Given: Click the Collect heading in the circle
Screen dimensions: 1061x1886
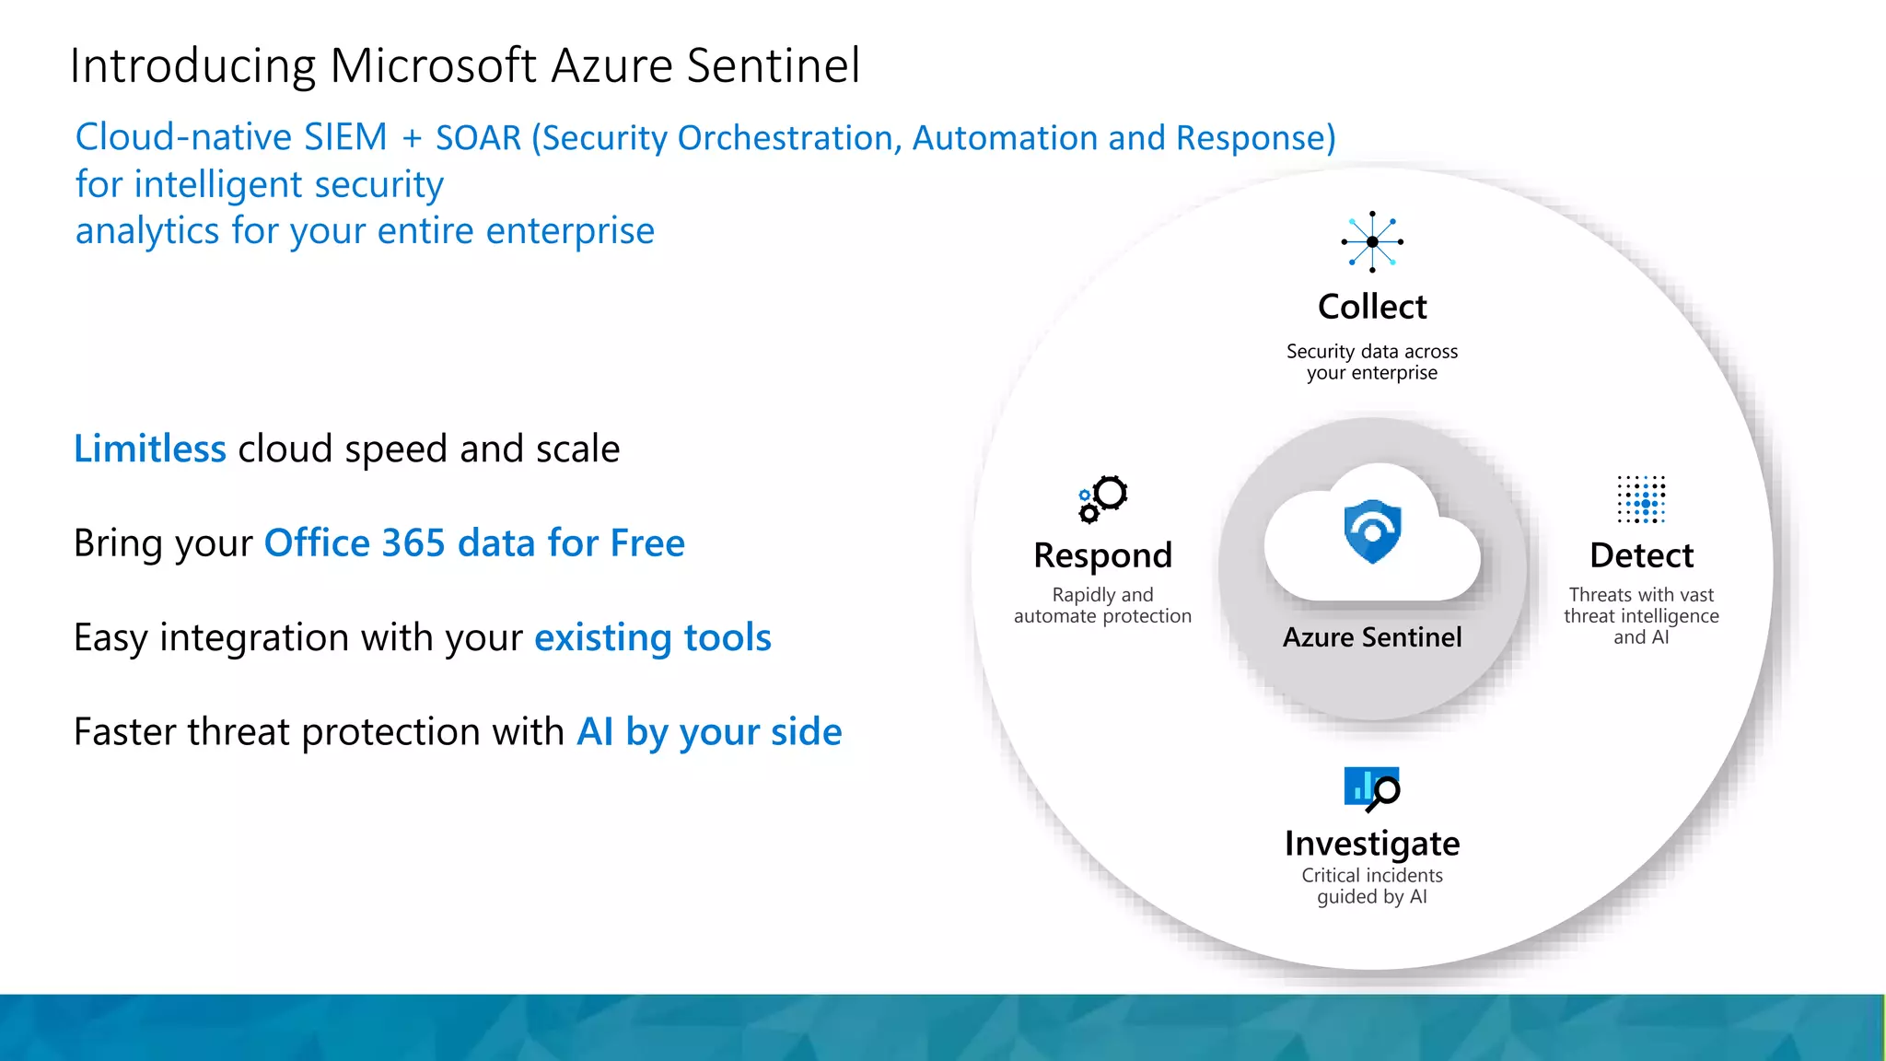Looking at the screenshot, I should [1372, 307].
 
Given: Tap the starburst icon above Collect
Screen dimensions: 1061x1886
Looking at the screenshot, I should [1372, 241].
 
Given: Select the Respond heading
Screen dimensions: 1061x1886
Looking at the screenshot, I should [1102, 555].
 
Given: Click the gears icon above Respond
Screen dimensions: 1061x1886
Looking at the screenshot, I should [1103, 498].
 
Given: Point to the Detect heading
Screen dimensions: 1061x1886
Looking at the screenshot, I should [1641, 555].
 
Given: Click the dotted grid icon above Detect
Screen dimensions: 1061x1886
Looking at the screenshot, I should [1641, 499].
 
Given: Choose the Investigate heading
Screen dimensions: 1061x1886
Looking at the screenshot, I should [1372, 843].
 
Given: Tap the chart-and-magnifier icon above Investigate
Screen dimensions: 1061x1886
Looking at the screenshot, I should [1372, 788].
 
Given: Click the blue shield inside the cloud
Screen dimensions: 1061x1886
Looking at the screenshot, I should [1372, 531].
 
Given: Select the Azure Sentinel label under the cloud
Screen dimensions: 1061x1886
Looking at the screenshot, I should [1372, 637].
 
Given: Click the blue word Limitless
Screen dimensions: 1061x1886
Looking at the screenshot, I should [150, 449].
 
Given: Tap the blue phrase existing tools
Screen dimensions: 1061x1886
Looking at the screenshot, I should [653, 637].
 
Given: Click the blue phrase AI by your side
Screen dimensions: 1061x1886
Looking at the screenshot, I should [709, 732].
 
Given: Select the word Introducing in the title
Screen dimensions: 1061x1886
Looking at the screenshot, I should [192, 66].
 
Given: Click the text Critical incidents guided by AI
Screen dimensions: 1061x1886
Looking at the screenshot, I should [1372, 886].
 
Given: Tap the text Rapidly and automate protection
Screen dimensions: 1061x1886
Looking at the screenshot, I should [1102, 605].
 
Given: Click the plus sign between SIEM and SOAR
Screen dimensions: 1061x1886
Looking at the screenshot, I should [412, 139].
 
